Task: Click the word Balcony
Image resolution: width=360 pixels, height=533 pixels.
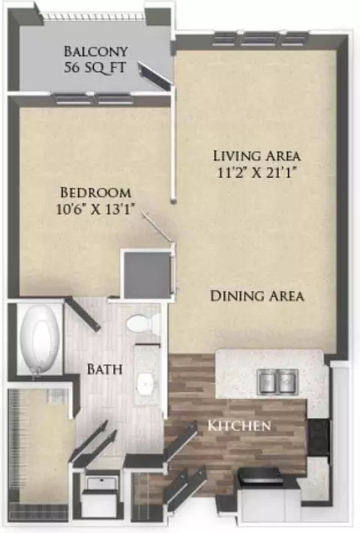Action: point(96,52)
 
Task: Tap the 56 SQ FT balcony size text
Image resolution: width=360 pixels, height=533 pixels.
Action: point(95,67)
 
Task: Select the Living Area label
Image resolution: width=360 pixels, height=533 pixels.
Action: point(257,156)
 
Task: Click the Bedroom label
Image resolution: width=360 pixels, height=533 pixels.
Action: point(95,193)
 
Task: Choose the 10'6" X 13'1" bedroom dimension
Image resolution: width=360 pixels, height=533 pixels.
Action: point(94,209)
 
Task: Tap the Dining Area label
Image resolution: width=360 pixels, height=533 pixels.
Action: point(257,295)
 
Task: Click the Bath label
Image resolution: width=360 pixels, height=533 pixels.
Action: point(105,369)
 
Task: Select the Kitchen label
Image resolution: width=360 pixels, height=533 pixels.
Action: point(239,425)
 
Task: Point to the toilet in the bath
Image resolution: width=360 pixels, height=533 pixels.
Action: point(143,322)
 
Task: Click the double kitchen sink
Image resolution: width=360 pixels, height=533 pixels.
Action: point(278,382)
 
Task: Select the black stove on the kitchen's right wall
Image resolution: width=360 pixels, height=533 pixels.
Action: point(319,436)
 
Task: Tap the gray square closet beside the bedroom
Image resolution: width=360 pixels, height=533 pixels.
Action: point(147,274)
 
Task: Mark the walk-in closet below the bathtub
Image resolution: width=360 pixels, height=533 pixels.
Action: point(38,449)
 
